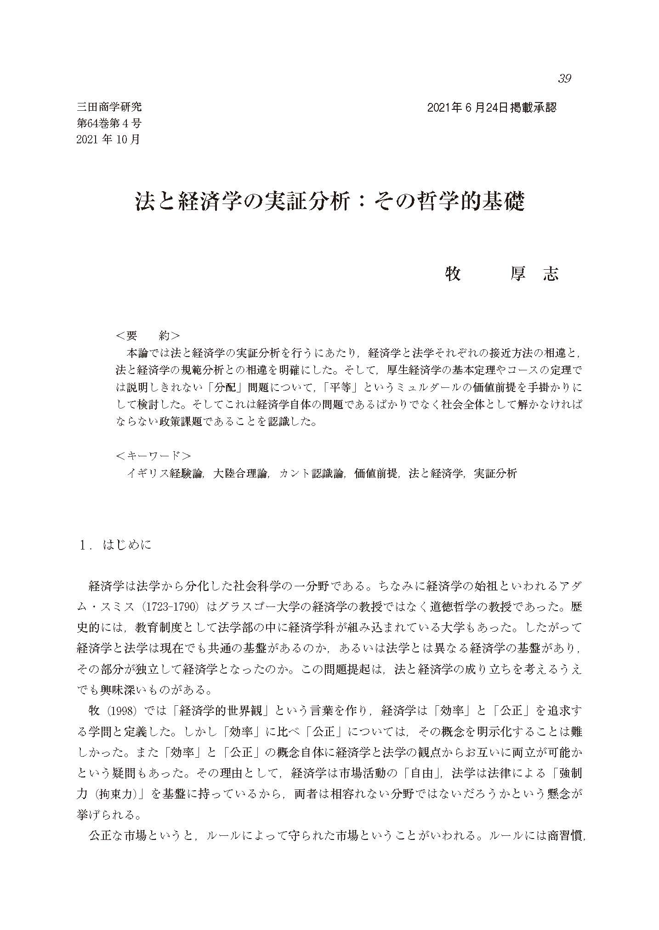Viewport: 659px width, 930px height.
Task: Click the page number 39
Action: tap(564, 79)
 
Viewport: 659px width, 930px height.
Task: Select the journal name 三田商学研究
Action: tap(109, 108)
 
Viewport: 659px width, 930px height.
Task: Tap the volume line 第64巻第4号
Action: tap(109, 123)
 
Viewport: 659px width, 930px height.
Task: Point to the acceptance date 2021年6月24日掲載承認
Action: tap(492, 108)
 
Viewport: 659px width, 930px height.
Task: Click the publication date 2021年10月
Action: tap(109, 139)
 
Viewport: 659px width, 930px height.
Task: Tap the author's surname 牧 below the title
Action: tap(453, 274)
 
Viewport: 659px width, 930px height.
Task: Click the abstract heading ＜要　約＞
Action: tap(148, 336)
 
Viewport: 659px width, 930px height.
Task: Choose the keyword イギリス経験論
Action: tap(165, 474)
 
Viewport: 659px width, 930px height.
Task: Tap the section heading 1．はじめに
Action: tap(115, 545)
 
